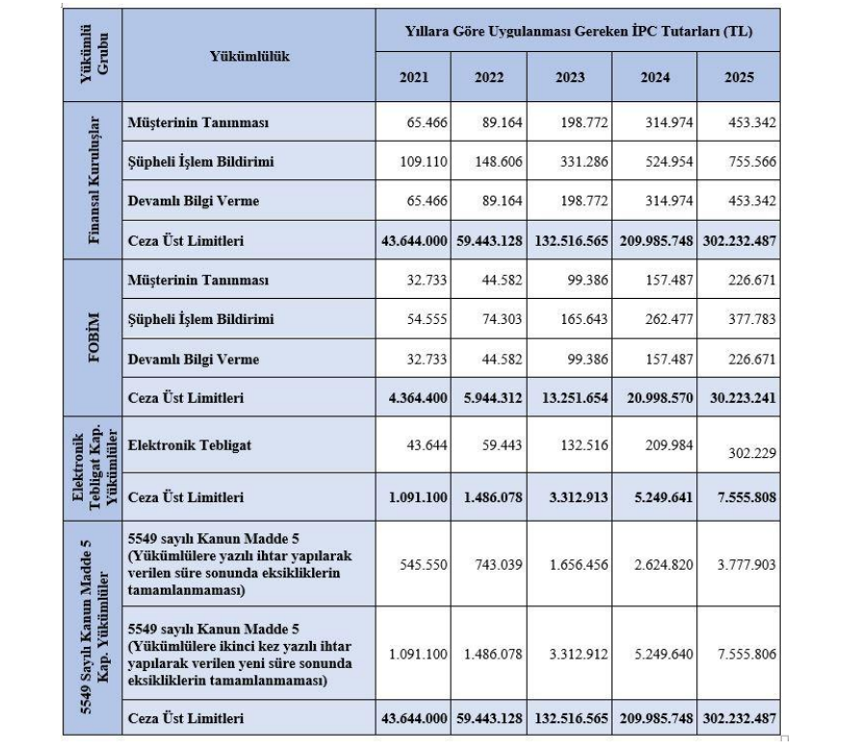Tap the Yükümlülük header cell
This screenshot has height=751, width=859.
tap(249, 56)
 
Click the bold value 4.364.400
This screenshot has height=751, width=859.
tap(414, 396)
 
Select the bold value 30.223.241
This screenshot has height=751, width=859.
tap(740, 396)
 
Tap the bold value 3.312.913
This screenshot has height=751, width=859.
tap(575, 498)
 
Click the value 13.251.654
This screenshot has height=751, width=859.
tap(575, 396)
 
